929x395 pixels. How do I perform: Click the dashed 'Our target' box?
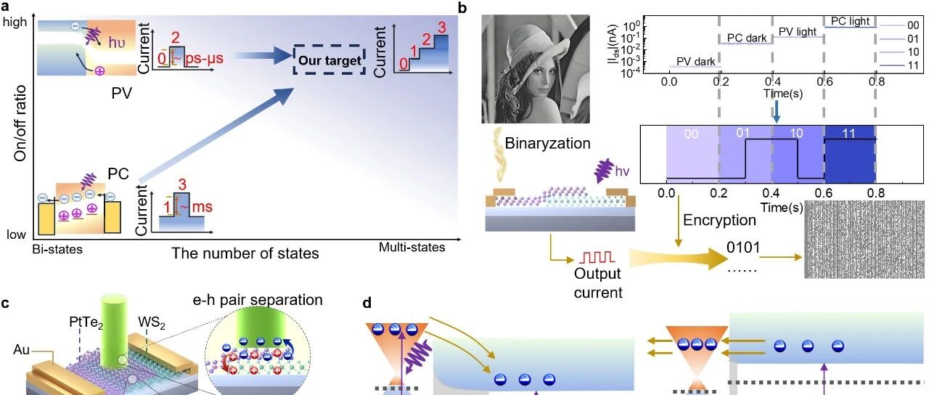click(330, 60)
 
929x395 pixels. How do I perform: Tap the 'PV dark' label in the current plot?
click(695, 62)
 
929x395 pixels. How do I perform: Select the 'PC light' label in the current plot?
click(850, 21)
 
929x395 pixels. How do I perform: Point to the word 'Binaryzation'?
click(547, 143)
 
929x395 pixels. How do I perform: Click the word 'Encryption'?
click(719, 220)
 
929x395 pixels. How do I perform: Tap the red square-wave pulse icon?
click(597, 257)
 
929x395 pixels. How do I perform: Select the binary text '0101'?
click(743, 248)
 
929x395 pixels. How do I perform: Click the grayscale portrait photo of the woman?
click(536, 69)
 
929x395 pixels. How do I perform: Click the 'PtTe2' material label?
click(86, 322)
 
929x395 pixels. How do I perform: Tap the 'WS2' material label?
click(152, 322)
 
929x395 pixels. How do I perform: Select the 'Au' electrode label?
click(22, 350)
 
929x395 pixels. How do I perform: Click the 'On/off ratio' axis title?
click(20, 123)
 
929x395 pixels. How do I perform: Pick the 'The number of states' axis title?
click(245, 253)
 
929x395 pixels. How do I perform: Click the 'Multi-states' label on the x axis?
click(412, 248)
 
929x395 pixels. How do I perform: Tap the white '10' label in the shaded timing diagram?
click(796, 133)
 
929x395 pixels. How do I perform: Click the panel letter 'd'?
click(367, 304)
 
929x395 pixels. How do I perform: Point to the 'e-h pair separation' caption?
click(258, 300)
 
